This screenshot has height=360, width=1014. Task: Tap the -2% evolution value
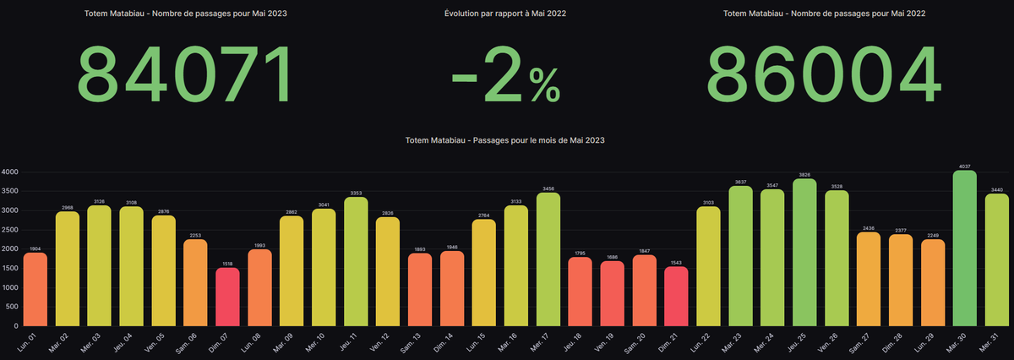pyautogui.click(x=505, y=74)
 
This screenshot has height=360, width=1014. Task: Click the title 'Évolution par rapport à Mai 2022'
pyautogui.click(x=505, y=14)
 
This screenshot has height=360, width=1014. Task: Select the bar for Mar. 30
pyautogui.click(x=965, y=248)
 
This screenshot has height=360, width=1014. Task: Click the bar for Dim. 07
pyautogui.click(x=227, y=297)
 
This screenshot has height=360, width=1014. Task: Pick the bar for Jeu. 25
pyautogui.click(x=805, y=253)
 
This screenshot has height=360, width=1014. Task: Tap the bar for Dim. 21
pyautogui.click(x=676, y=297)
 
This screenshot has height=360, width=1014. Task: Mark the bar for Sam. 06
pyautogui.click(x=195, y=282)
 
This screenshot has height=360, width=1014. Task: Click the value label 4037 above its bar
pyautogui.click(x=965, y=166)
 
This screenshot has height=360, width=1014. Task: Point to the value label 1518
pyautogui.click(x=227, y=263)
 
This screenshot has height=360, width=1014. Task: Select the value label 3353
pyautogui.click(x=356, y=192)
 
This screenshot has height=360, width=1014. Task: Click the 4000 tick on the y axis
pyautogui.click(x=9, y=172)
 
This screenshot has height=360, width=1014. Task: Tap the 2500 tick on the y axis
pyautogui.click(x=9, y=230)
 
